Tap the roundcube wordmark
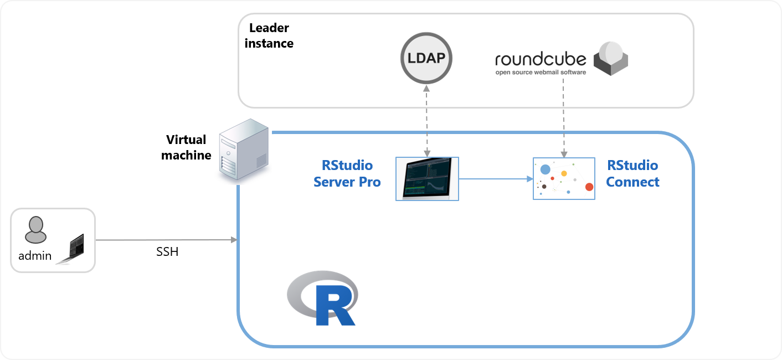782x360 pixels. (x=541, y=59)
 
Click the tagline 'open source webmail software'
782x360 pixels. (x=541, y=72)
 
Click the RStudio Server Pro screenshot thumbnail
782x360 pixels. (x=427, y=178)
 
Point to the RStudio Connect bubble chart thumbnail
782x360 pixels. (x=564, y=178)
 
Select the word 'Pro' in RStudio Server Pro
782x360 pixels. (x=368, y=182)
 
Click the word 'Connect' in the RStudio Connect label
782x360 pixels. (x=632, y=182)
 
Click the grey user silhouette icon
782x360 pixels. (x=35, y=229)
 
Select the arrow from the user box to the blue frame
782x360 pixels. (x=166, y=240)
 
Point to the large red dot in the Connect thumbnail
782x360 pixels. (x=589, y=187)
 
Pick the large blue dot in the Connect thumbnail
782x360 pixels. (x=545, y=169)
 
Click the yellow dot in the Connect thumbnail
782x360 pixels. (x=564, y=173)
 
